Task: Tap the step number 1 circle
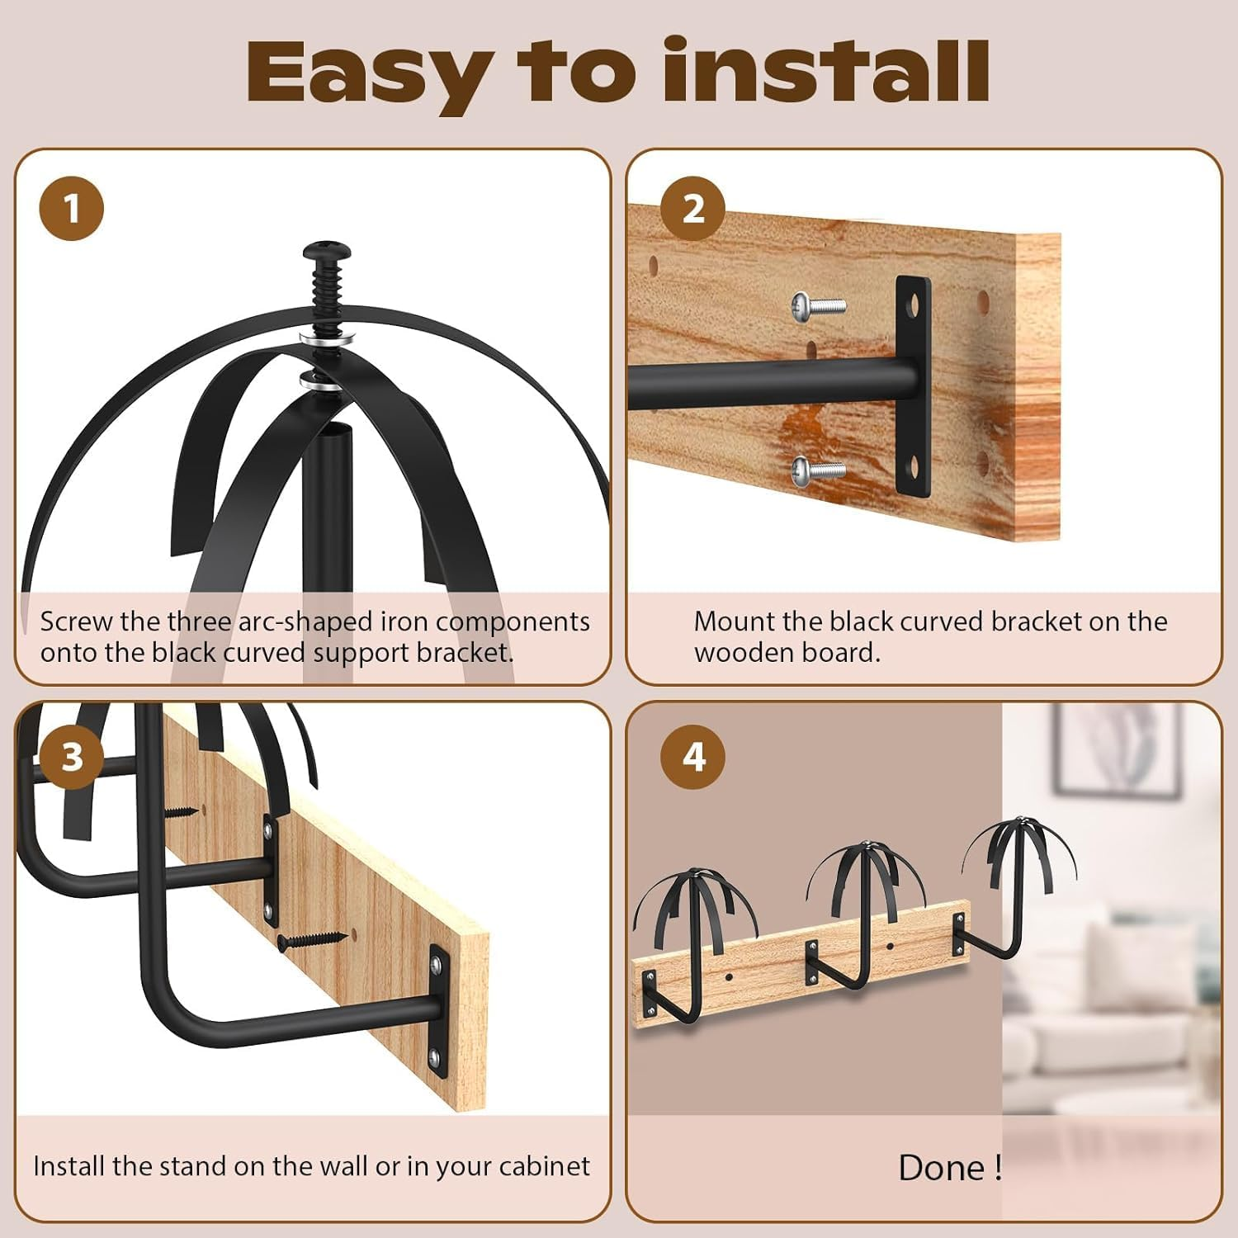(x=72, y=209)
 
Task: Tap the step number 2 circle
(x=692, y=209)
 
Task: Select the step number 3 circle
(x=72, y=756)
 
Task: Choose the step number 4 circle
(x=692, y=756)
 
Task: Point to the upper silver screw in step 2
(x=817, y=305)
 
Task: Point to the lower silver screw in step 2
(x=817, y=471)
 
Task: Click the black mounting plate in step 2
(x=913, y=386)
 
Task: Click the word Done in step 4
(x=941, y=1168)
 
